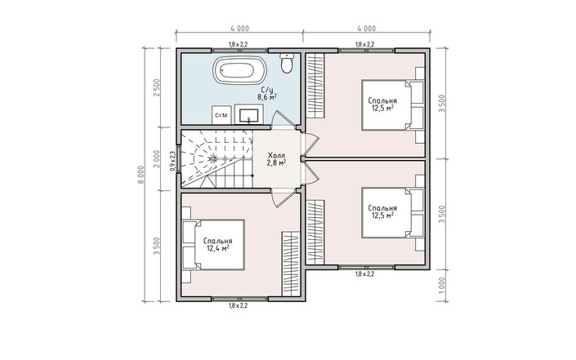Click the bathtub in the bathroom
(240, 69)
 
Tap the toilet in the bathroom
(287, 63)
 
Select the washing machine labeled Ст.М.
(222, 115)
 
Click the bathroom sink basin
(248, 115)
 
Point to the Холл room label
(276, 155)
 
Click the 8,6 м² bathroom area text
(266, 97)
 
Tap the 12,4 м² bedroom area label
(218, 248)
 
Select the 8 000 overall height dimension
(141, 176)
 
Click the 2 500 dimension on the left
(157, 88)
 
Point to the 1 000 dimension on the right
(442, 285)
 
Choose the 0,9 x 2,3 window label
(172, 161)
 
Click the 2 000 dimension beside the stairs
(157, 159)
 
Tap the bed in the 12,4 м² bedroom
(213, 245)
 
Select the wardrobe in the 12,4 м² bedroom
(292, 264)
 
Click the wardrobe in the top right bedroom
(315, 86)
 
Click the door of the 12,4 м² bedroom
(281, 198)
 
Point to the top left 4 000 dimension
(240, 29)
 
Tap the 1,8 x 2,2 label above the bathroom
(239, 44)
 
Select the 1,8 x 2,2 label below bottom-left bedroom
(239, 305)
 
